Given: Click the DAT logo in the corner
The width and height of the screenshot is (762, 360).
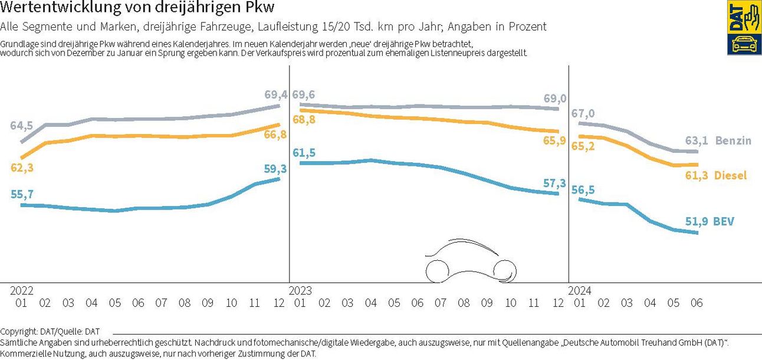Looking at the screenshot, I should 744,28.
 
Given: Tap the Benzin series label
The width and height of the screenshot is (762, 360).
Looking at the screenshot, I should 733,140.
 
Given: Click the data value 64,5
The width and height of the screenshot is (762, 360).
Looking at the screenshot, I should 22,126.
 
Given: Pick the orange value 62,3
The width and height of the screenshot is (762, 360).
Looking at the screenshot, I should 22,168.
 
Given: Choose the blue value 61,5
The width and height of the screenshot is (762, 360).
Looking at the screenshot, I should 304,153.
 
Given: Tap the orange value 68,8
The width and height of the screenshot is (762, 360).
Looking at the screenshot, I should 304,120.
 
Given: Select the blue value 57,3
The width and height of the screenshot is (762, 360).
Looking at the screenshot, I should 554,183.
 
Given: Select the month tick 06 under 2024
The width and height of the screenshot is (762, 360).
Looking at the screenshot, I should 697,303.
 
